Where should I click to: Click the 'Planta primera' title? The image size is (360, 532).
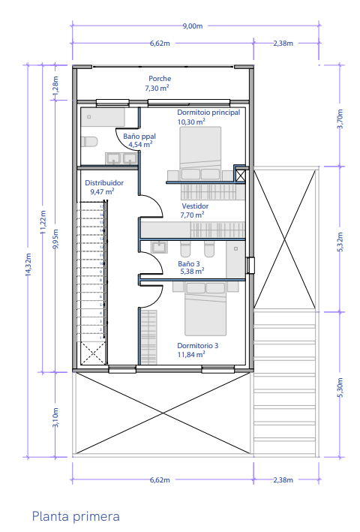[76, 516]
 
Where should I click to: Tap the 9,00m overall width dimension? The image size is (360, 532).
[193, 26]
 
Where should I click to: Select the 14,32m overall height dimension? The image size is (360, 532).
[28, 264]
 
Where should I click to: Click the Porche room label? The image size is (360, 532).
[160, 78]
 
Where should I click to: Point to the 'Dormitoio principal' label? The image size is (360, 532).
[208, 113]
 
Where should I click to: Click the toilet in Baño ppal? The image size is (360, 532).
[89, 141]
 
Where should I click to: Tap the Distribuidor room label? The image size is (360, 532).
[104, 183]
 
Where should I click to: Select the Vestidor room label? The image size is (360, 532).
[195, 206]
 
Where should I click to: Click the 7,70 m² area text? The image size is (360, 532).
[192, 215]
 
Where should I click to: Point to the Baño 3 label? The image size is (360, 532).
[189, 263]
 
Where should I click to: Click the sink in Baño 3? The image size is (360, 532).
[159, 247]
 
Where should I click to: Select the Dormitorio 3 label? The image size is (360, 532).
[198, 346]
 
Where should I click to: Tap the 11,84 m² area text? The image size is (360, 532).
[191, 355]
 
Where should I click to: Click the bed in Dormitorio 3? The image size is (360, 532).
[205, 308]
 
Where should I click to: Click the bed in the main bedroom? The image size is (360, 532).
[200, 153]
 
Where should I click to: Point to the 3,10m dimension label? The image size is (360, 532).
[55, 418]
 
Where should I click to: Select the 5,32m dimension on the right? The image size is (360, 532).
[340, 242]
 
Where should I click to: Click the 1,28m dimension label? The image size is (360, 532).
[55, 85]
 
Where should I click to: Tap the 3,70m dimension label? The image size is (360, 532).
[340, 119]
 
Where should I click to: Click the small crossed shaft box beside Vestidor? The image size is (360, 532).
[240, 176]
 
